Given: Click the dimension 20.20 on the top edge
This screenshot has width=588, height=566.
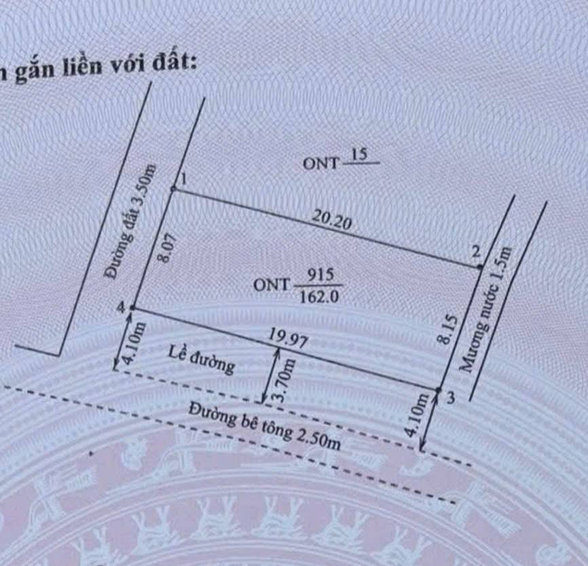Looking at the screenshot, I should coord(333,220).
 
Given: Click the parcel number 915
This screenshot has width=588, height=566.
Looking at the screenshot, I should coord(318,276).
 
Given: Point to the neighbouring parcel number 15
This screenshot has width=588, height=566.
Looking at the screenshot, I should coord(359,155).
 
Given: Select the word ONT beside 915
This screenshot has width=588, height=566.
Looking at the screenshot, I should coord(272,284).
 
